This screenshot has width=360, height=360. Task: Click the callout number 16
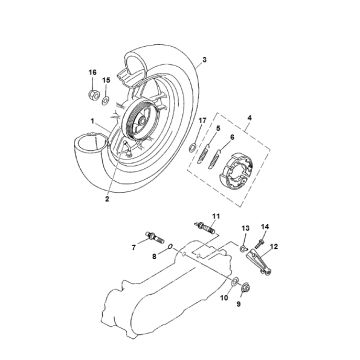pos(92,72)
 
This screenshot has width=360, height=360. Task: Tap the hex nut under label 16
pos(93,95)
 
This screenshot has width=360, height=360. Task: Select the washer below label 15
pos(105,99)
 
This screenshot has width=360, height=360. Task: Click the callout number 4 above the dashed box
pos(249,118)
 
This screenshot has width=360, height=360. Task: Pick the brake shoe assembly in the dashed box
pos(236,169)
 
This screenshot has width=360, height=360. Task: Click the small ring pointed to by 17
pos(192,148)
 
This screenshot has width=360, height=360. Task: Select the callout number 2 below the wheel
pos(107,199)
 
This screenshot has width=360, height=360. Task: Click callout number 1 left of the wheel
pos(92,120)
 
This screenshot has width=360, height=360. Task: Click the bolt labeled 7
pos(155,238)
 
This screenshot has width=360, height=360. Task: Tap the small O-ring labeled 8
pos(170,247)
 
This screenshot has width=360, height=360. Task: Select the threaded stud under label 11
pos(205,228)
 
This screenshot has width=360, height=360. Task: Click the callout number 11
pos(216,216)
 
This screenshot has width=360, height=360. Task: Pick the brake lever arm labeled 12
pos(259,262)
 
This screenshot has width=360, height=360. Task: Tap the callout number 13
pos(245,228)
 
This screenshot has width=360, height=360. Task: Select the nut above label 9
pos(246,286)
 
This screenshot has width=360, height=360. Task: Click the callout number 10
pos(224,298)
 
